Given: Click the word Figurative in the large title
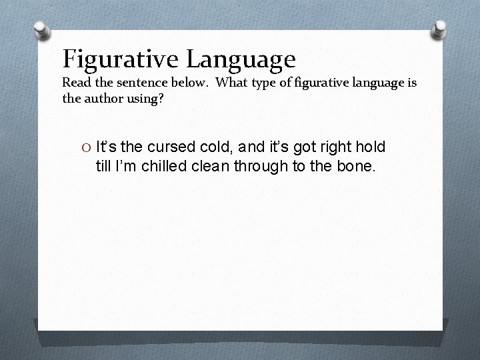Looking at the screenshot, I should (121, 59).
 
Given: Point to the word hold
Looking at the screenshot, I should (370, 146).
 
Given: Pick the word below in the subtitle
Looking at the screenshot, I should (182, 83).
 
